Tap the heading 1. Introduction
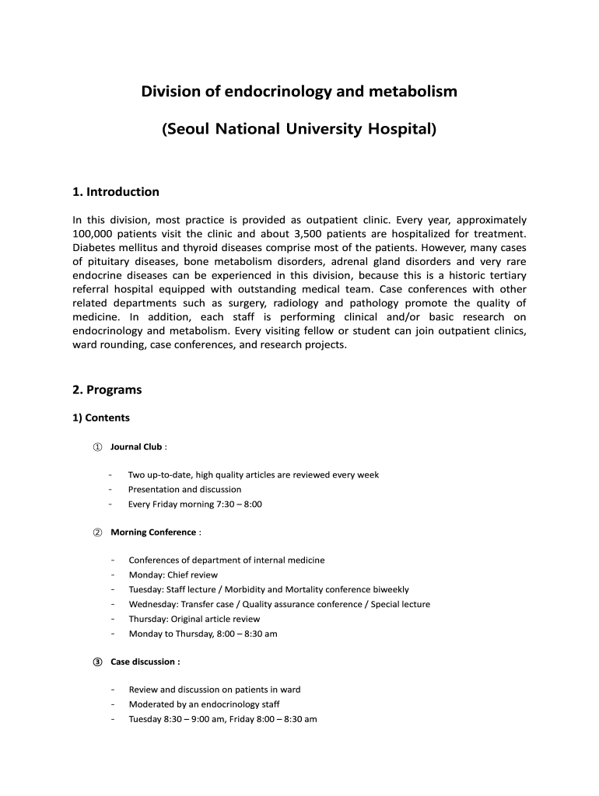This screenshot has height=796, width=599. pyautogui.click(x=115, y=192)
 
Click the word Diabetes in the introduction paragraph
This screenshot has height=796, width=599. pyautogui.click(x=96, y=247)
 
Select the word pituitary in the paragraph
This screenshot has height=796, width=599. pyautogui.click(x=113, y=261)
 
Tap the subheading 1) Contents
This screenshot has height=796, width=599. pyautogui.click(x=101, y=417)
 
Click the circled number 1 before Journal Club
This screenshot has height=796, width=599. pyautogui.click(x=97, y=447)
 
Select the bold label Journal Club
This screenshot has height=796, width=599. pyautogui.click(x=136, y=447)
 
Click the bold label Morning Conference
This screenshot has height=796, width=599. pyautogui.click(x=153, y=532)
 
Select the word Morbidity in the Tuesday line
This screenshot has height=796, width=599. pyautogui.click(x=262, y=590)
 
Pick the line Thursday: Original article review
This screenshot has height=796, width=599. pyautogui.click(x=194, y=619)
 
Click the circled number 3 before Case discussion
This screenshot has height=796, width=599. pyautogui.click(x=97, y=662)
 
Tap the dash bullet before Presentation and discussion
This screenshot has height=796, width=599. pyautogui.click(x=111, y=490)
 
